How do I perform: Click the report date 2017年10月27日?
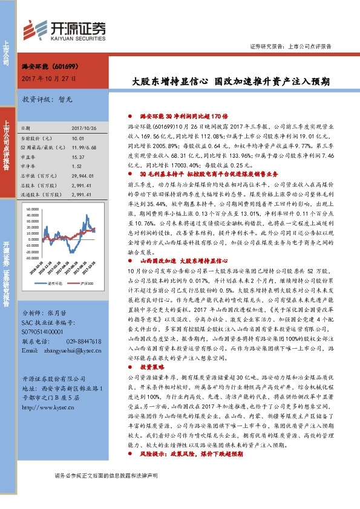pos(48,79)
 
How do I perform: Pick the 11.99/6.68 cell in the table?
pos(83,148)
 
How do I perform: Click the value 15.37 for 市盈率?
pos(77,157)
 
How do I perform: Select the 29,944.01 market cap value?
pos(82,175)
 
